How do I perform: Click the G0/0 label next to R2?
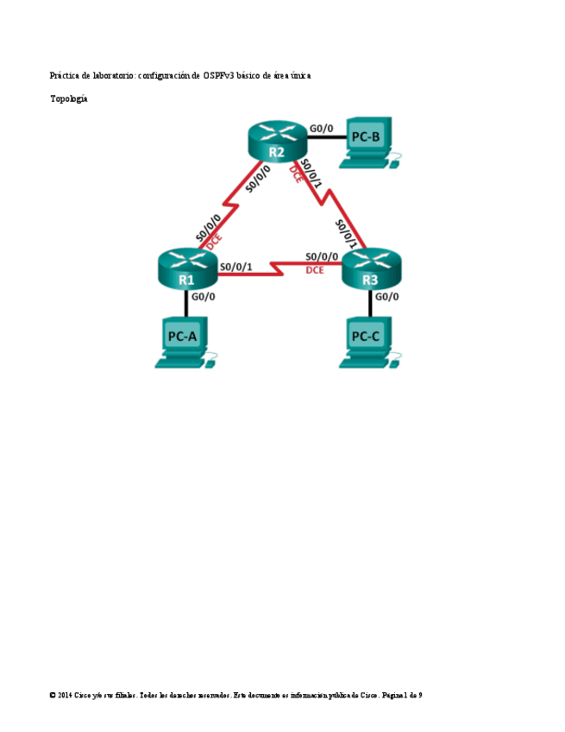(x=321, y=129)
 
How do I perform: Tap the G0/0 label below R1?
(x=203, y=297)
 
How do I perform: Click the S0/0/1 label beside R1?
(x=235, y=267)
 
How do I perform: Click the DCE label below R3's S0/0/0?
(x=315, y=270)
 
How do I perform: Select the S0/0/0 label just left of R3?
(x=322, y=257)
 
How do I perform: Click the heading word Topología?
(x=69, y=99)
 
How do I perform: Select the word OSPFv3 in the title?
(x=219, y=76)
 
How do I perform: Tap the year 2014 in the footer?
(x=65, y=695)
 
